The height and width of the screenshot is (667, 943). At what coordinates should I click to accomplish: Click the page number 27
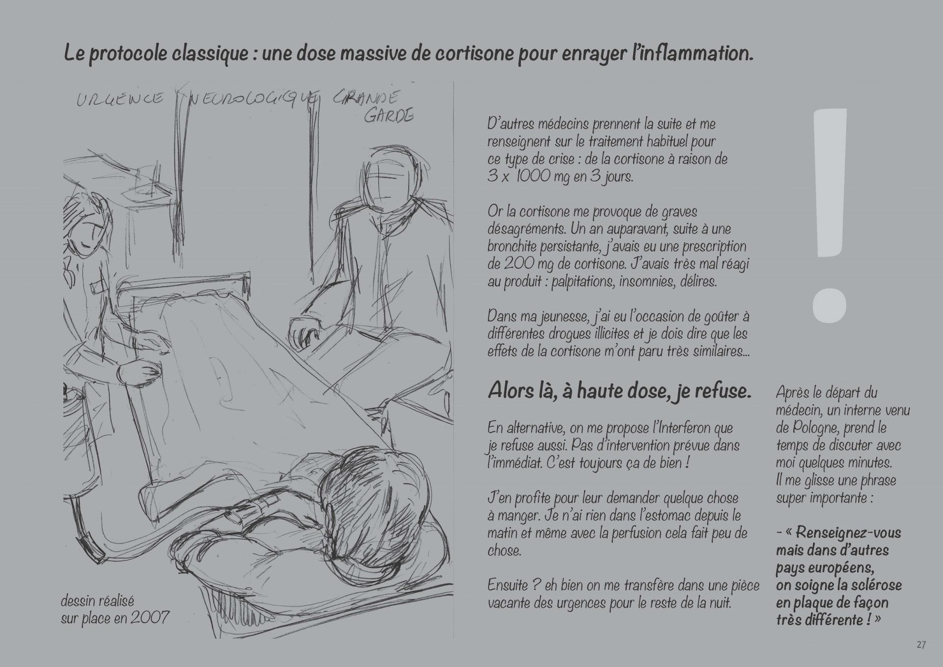[921, 645]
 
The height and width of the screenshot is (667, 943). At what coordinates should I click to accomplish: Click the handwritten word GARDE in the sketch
[388, 116]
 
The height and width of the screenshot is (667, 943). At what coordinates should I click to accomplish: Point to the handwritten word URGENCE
[120, 99]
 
